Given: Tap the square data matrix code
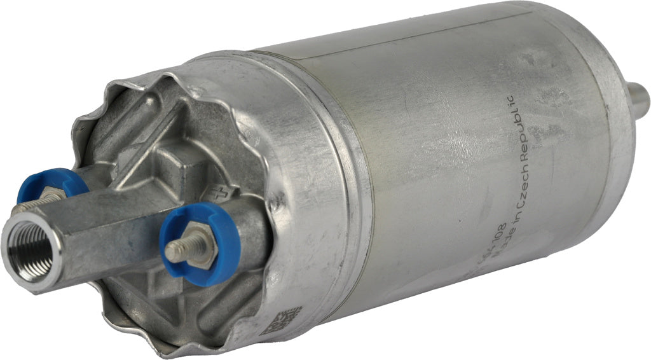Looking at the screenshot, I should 280,321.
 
